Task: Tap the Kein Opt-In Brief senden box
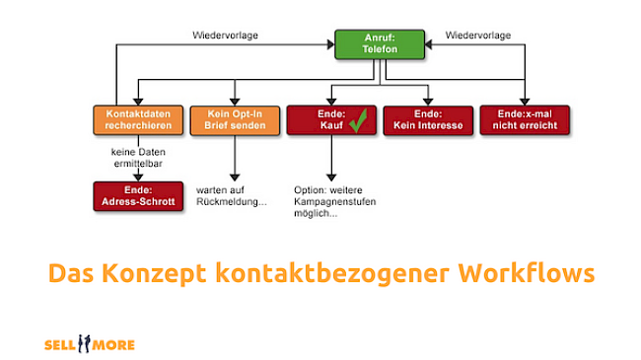(x=233, y=119)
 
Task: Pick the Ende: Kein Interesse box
(x=427, y=119)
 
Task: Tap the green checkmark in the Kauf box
(x=357, y=119)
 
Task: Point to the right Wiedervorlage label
(x=478, y=36)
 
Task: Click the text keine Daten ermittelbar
(x=137, y=157)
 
